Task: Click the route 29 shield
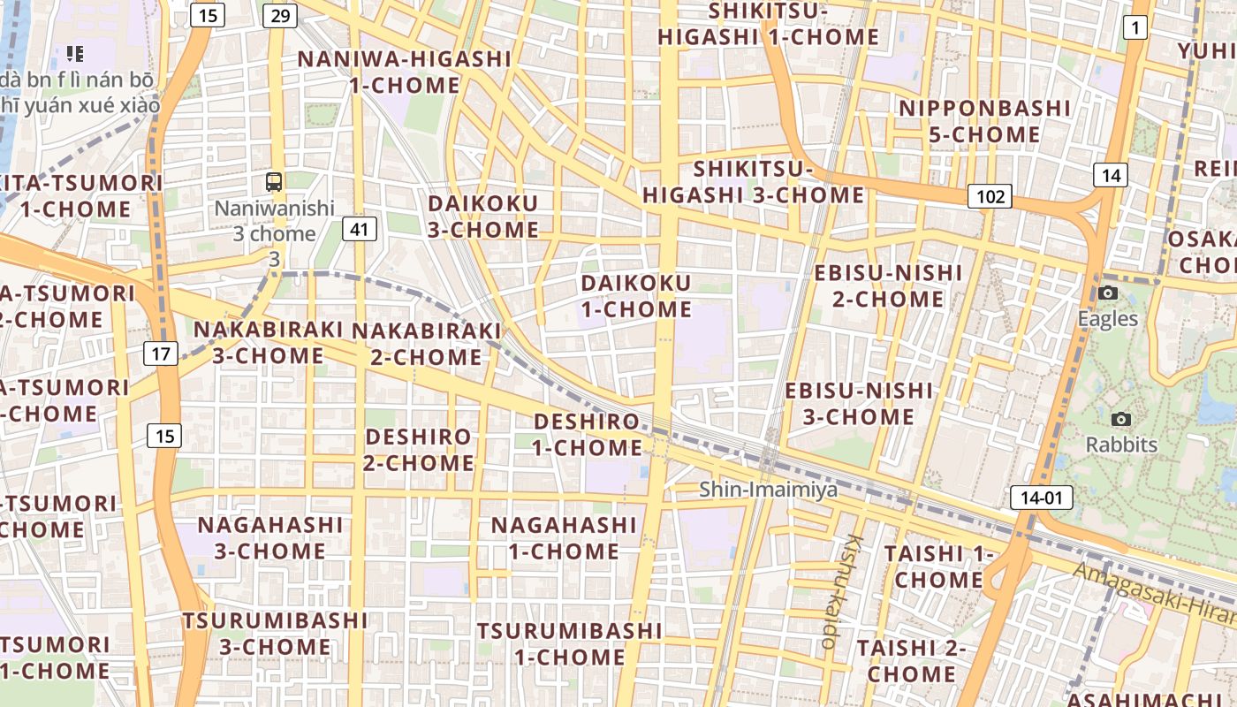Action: [x=280, y=16]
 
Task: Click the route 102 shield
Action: [x=989, y=196]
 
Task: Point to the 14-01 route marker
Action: [x=1042, y=498]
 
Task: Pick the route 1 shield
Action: [x=1135, y=28]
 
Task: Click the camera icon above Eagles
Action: [x=1108, y=293]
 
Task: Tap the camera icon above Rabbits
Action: [x=1121, y=419]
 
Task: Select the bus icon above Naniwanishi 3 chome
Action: [x=274, y=182]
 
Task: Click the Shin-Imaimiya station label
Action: [x=768, y=489]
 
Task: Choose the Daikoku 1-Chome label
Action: [x=636, y=296]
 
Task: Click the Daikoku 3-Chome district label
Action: [x=483, y=217]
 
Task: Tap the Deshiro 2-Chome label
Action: [x=419, y=450]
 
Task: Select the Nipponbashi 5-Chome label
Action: [x=984, y=121]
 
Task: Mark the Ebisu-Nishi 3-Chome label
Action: [x=859, y=403]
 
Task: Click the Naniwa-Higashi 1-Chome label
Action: [x=405, y=72]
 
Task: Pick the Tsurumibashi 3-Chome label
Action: [x=275, y=634]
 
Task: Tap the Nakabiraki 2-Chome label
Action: [x=427, y=344]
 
